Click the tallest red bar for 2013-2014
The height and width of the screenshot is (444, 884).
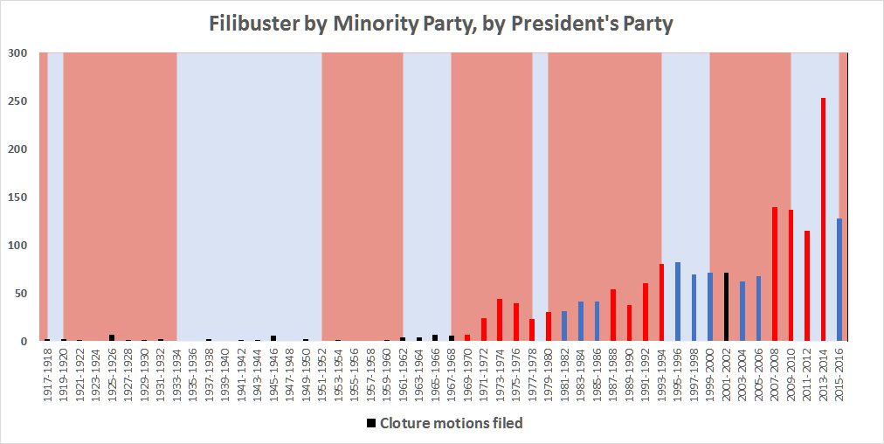point(823,219)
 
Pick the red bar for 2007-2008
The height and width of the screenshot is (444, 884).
point(775,274)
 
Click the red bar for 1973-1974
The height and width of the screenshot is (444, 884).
point(500,320)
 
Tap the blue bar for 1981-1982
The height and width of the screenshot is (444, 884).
point(564,326)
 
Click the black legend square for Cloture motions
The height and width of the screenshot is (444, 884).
point(371,423)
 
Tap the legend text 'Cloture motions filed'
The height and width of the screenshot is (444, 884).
point(451,423)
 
